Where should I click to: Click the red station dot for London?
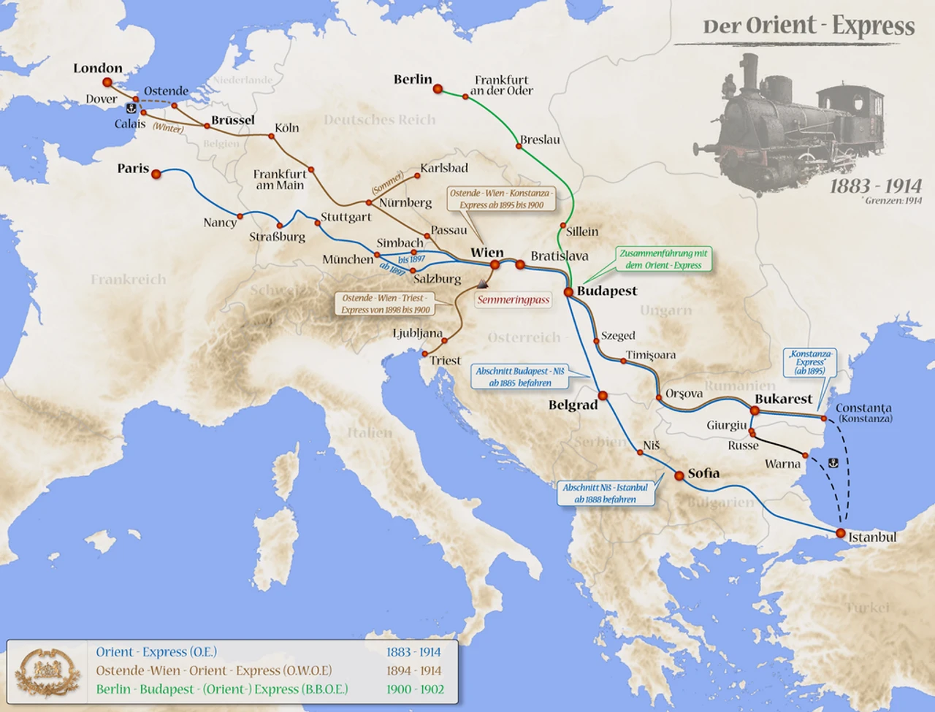[107, 83]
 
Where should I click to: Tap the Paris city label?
[133, 169]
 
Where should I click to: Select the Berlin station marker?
[438, 89]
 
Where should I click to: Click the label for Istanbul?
[871, 537]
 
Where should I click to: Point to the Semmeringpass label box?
[513, 299]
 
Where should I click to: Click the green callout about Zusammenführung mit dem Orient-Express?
[663, 259]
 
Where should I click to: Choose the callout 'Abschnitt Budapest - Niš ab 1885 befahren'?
[519, 377]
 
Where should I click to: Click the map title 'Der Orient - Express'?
[808, 26]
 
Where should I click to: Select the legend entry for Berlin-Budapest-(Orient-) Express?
[222, 689]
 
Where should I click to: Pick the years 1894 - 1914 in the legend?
[414, 670]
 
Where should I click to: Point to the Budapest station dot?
[568, 292]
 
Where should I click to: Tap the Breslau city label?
[540, 139]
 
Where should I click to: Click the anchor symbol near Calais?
[131, 108]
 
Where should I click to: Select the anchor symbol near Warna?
[833, 462]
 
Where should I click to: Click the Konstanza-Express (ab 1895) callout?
[810, 362]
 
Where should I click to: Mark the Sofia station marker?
[679, 475]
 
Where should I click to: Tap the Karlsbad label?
[444, 168]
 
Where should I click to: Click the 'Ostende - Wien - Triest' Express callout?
[385, 304]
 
